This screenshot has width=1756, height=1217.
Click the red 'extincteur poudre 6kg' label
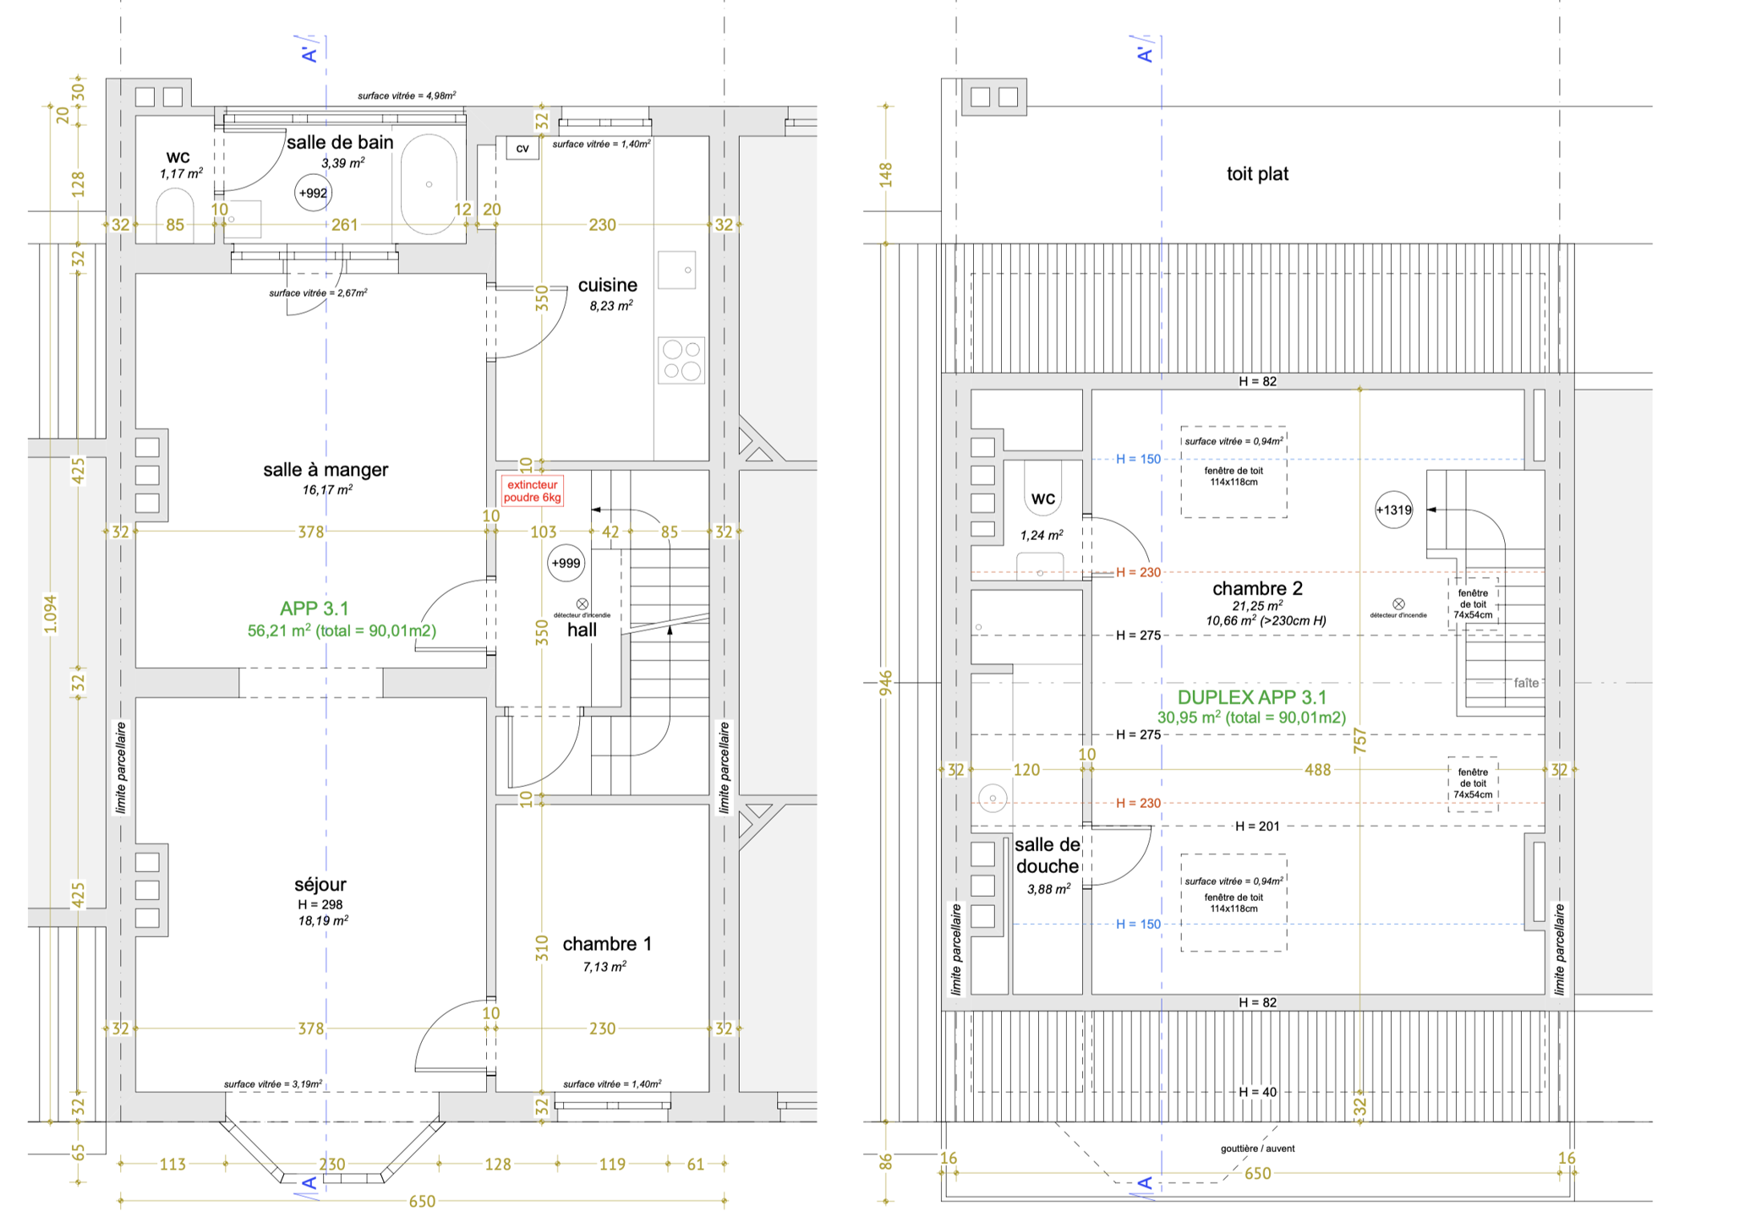[x=533, y=491]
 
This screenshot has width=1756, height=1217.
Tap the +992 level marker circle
[x=313, y=193]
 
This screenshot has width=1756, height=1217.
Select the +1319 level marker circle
[x=1393, y=510]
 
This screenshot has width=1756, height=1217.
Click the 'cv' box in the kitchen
[x=522, y=149]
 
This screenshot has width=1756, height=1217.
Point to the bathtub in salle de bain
[x=429, y=184]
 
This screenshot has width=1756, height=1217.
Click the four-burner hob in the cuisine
[x=681, y=360]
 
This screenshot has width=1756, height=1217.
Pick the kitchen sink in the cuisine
[x=677, y=270]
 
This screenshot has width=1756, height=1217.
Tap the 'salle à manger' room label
[x=325, y=470]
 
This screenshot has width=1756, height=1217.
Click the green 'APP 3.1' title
[x=315, y=608]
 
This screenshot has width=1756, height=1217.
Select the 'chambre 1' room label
[x=607, y=944]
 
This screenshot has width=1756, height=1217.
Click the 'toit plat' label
[x=1258, y=174]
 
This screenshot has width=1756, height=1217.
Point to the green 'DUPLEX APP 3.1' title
[x=1252, y=697]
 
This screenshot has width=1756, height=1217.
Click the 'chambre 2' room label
[x=1257, y=588]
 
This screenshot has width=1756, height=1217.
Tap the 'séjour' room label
[x=320, y=885]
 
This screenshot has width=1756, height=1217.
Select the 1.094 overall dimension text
[x=51, y=614]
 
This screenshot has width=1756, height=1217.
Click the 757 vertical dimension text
[x=1359, y=740]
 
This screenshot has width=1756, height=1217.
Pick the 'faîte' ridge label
[x=1526, y=683]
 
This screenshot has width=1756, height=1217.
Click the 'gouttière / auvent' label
[x=1257, y=1149]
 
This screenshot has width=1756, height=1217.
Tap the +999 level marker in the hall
[x=566, y=563]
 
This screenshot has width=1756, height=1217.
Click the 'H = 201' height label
[x=1257, y=827]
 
